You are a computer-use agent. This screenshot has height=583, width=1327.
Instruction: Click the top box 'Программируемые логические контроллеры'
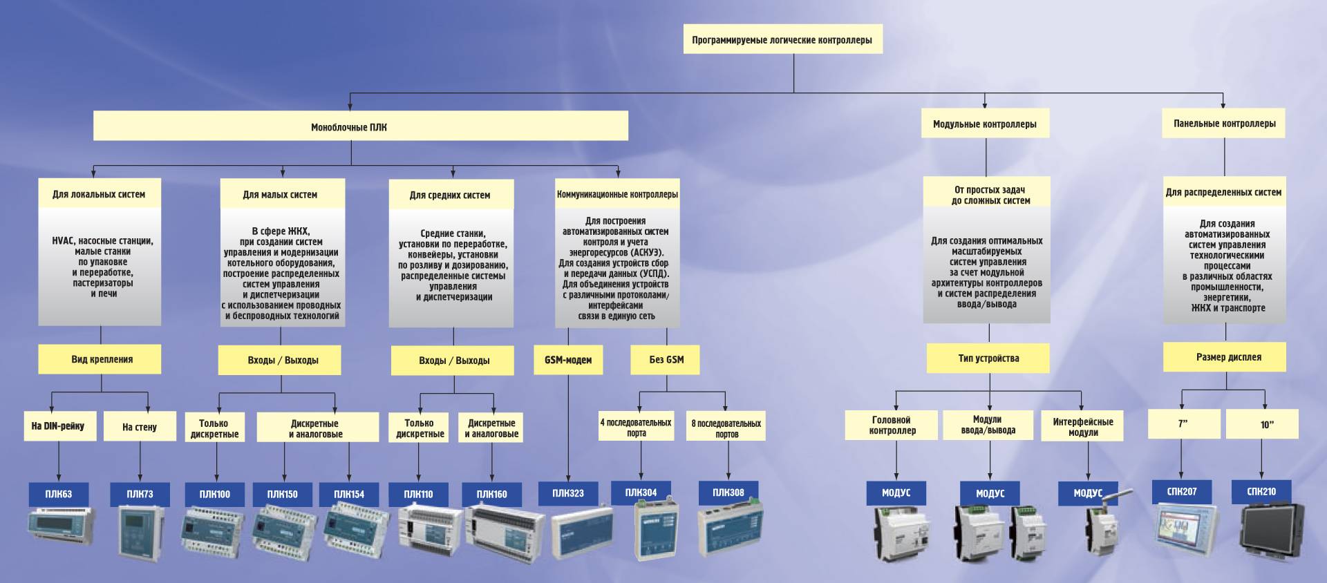[x=782, y=40]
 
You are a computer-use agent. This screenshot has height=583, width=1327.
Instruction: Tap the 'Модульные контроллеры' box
[x=984, y=124]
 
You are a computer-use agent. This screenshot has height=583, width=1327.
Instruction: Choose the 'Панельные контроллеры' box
[x=1223, y=124]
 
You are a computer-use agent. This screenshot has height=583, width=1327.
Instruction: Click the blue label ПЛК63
[x=59, y=494]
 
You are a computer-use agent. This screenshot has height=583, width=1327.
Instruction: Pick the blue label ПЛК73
[x=140, y=494]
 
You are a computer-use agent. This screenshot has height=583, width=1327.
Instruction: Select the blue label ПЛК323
[x=568, y=493]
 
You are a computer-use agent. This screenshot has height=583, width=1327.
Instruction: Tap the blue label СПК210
[x=1261, y=492]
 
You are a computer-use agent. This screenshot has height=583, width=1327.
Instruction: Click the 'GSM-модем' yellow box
[x=568, y=359]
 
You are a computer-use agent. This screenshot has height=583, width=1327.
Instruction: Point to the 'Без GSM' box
[x=666, y=359]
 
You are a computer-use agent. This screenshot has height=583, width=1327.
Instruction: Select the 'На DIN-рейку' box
[x=59, y=426]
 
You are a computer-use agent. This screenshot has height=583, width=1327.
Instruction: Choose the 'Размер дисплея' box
[x=1224, y=357]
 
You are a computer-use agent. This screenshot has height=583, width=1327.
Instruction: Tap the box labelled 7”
[x=1183, y=424]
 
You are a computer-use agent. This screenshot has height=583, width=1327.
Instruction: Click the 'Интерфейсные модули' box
[x=1082, y=426]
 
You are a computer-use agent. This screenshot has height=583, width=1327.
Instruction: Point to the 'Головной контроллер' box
[x=892, y=425]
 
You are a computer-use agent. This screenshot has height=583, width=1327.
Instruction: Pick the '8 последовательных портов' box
[x=726, y=428]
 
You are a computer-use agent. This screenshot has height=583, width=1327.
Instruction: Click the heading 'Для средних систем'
[x=450, y=195]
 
